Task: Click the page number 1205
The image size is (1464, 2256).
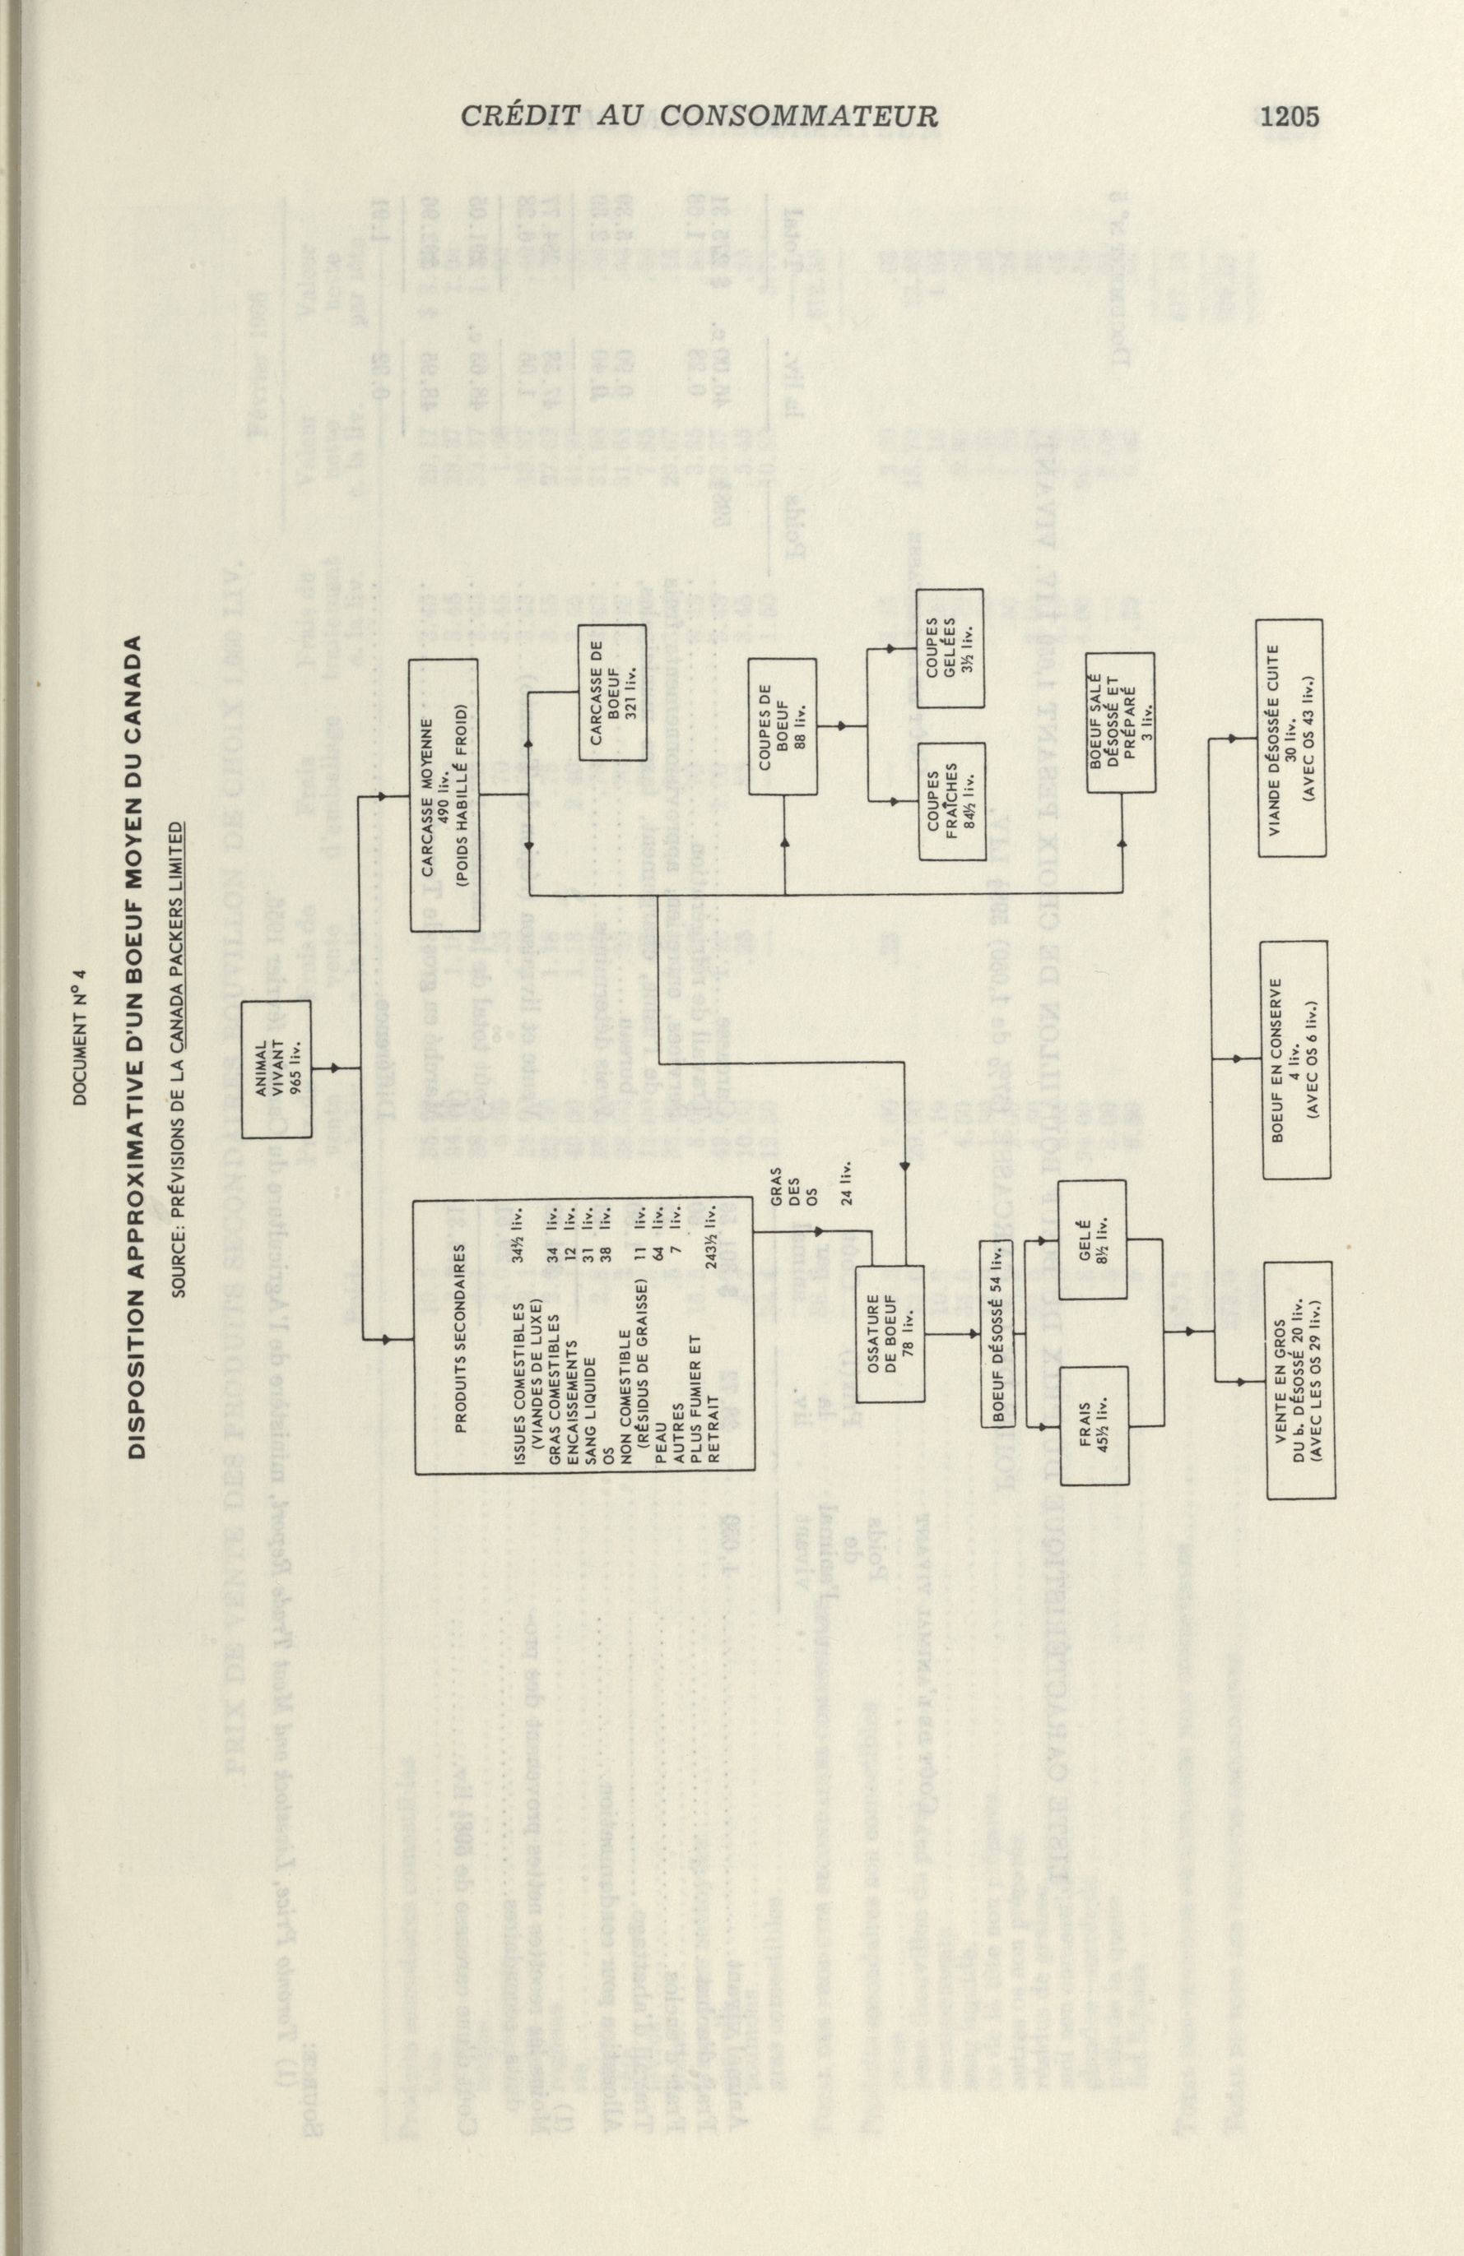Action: pyautogui.click(x=1290, y=117)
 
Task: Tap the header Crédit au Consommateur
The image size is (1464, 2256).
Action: pyautogui.click(x=699, y=117)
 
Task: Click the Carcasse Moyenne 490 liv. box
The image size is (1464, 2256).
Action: pyautogui.click(x=443, y=795)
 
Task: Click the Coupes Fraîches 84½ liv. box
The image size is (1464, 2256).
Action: pyautogui.click(x=951, y=801)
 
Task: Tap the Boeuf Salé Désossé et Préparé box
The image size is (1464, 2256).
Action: pyautogui.click(x=1122, y=722)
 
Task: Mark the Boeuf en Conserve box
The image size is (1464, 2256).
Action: pyautogui.click(x=1296, y=1061)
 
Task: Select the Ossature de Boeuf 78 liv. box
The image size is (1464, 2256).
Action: pyautogui.click(x=890, y=1334)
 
